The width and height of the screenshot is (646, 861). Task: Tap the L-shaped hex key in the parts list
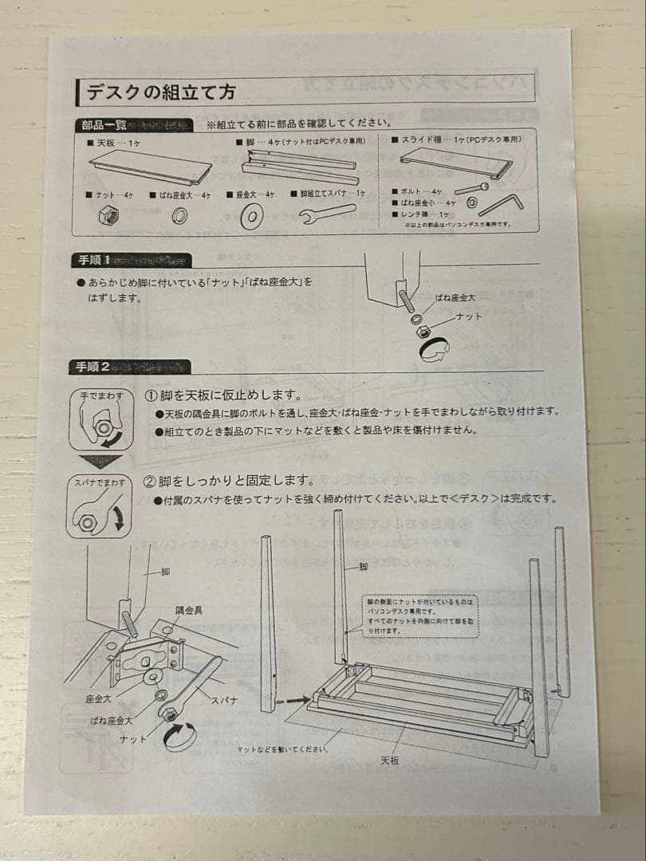(x=501, y=200)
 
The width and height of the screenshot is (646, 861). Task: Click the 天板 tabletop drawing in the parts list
(x=152, y=167)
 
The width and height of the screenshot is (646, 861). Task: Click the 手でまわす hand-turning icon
(x=100, y=423)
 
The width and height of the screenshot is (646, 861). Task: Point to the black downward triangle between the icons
(x=100, y=462)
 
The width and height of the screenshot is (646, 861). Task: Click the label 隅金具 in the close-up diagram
(x=188, y=610)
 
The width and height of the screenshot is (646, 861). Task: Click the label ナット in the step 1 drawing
(x=468, y=316)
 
